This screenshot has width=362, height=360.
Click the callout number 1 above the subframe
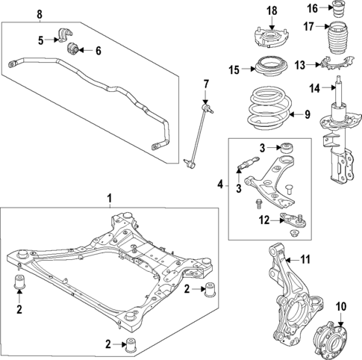click(x=109, y=199)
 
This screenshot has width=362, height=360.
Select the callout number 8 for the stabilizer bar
click(x=39, y=14)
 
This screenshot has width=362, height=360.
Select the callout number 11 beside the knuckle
click(x=305, y=260)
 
